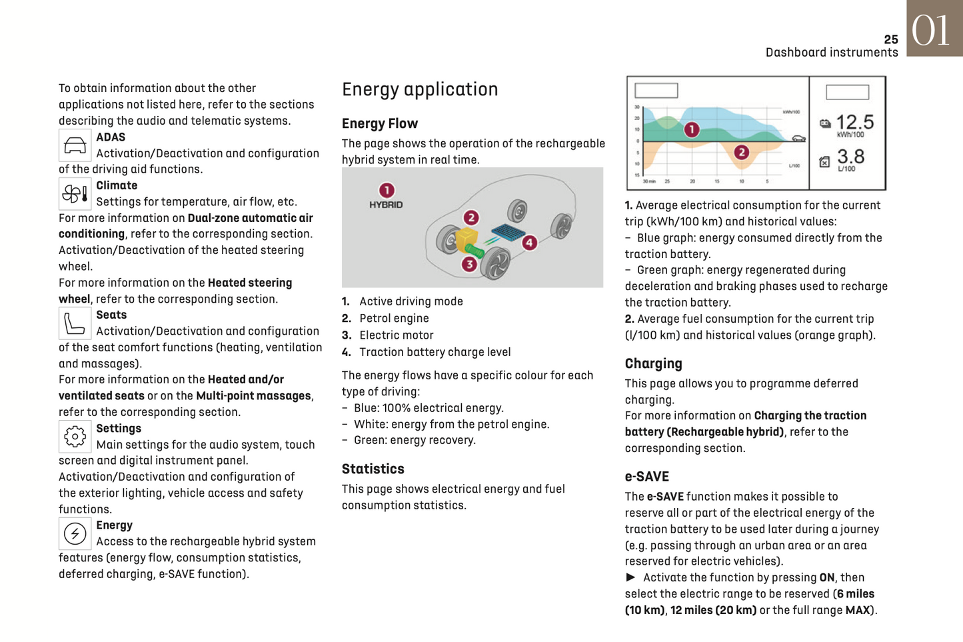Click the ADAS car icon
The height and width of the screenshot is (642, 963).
75,145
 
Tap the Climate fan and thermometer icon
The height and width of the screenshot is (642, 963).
75,194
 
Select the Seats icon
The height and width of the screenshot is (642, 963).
75,323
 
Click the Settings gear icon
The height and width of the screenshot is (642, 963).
75,437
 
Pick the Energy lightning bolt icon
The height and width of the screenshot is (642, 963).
75,533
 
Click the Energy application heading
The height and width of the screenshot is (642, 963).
420,89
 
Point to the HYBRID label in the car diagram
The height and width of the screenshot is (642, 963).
386,205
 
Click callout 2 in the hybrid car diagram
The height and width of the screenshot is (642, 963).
471,217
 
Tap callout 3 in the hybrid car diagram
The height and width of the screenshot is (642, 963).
469,264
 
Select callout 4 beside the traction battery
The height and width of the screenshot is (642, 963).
529,243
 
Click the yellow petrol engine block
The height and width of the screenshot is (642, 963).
466,239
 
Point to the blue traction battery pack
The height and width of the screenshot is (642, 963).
508,233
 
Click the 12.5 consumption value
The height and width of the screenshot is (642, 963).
854,122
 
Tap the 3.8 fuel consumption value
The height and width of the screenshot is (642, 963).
850,157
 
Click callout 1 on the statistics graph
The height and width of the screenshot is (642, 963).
692,129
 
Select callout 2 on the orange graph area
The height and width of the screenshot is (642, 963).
741,153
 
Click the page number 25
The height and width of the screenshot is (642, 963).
891,40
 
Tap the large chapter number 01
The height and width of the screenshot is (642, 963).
931,30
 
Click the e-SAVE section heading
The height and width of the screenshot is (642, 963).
646,477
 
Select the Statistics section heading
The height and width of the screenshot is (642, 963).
373,469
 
